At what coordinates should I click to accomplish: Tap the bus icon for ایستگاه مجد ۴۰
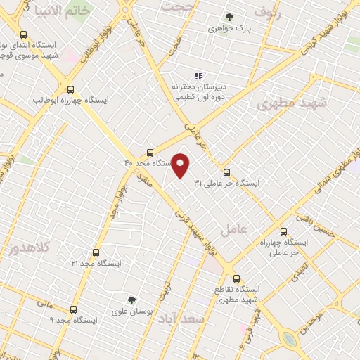point(149,153)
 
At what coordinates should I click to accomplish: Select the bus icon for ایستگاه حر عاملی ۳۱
point(226,172)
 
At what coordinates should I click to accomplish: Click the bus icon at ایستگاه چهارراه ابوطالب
point(70,89)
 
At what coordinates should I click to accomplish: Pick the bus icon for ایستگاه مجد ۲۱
point(96,252)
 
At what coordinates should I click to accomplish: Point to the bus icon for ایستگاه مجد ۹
point(73,309)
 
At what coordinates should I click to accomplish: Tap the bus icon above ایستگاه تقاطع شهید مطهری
point(236,278)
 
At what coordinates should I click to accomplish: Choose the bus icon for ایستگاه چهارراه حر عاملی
point(283,231)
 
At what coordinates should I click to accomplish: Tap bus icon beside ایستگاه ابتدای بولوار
point(24,34)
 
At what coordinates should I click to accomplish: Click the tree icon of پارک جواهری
point(229,17)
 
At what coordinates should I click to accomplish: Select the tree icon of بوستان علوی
point(130,300)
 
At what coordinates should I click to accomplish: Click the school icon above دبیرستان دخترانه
point(198,76)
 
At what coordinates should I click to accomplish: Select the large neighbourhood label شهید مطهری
point(292,103)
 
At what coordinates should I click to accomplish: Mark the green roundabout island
point(289,340)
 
